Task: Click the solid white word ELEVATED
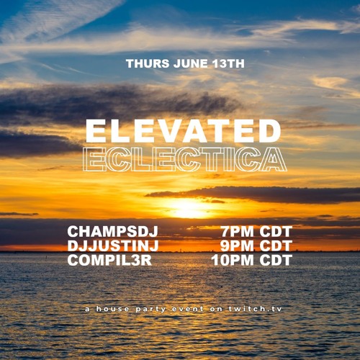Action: tap(183, 131)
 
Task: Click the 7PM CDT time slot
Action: tap(257, 233)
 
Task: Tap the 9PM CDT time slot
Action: tap(257, 246)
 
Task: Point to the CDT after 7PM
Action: tap(274, 233)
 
